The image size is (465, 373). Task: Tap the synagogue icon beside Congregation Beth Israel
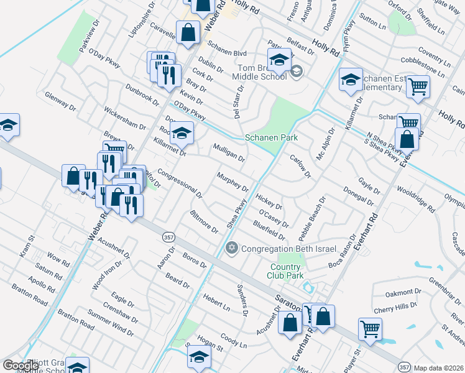(232, 249)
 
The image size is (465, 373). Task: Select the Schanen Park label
(271, 137)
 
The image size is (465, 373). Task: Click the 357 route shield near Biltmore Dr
(168, 237)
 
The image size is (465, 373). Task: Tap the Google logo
(21, 366)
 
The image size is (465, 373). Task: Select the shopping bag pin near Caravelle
(188, 32)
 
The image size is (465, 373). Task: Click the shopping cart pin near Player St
(370, 329)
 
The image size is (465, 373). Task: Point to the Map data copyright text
(439, 368)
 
